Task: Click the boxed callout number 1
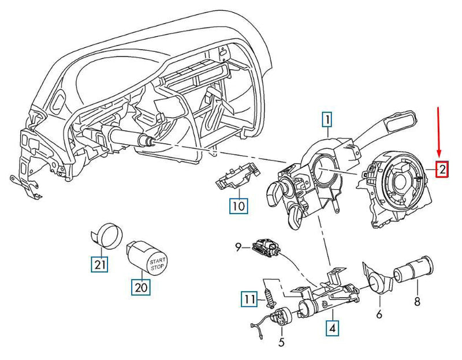(327, 121)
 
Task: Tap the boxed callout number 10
(239, 205)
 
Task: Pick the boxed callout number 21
(100, 265)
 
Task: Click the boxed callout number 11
(249, 299)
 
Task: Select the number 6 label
(379, 315)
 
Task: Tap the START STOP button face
(157, 260)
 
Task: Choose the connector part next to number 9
(267, 248)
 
